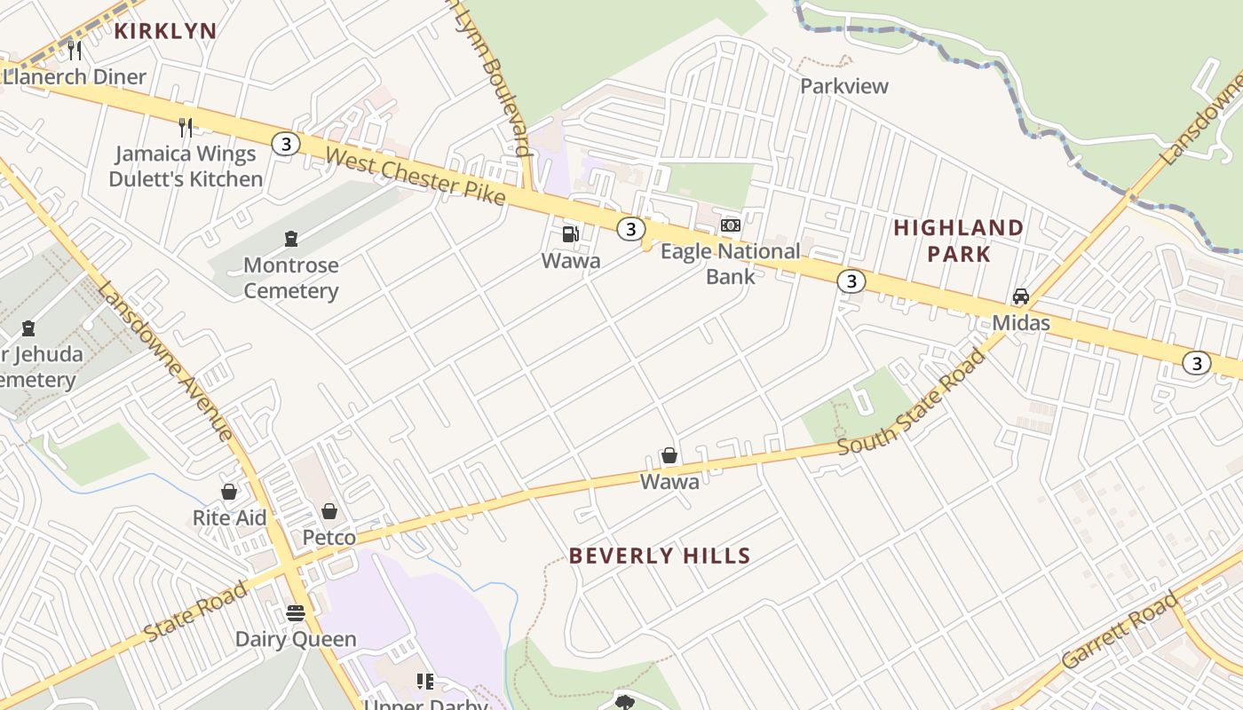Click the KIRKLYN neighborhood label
coord(165,31)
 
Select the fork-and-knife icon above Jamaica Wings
coord(186,127)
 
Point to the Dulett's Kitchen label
coord(186,179)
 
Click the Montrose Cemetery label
coord(290,278)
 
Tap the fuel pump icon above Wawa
coord(570,234)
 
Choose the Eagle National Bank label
coord(730,264)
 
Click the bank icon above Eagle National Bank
coord(731,225)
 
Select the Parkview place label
coord(843,86)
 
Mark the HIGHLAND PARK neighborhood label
coord(958,241)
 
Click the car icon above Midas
coord(1021,296)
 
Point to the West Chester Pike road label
coord(415,177)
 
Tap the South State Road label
coord(912,402)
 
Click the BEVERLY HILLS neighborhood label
coord(660,556)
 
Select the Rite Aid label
coord(229,517)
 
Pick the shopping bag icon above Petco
coord(329,511)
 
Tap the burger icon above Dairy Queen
coord(296,612)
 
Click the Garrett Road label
coord(1120,631)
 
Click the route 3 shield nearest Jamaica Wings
coord(285,143)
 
